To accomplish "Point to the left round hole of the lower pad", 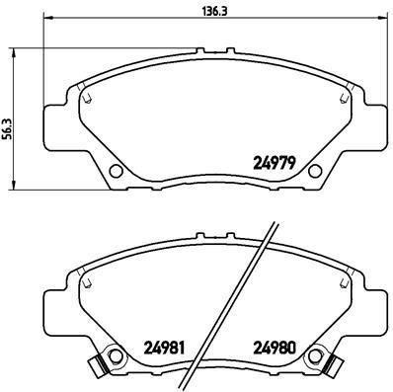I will [116, 356].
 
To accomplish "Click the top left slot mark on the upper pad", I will [87, 98].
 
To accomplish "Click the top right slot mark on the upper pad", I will [345, 98].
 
